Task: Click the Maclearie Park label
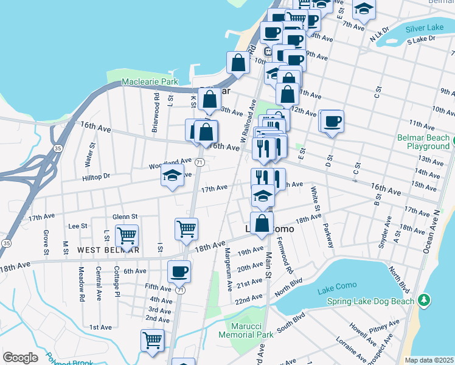149,82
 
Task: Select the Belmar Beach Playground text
423,142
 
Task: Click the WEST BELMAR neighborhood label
108,250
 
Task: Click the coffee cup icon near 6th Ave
179,271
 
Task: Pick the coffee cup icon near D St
332,120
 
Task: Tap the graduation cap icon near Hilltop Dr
173,176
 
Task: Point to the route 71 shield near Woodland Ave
200,162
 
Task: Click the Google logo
20,358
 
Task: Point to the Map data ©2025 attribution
429,360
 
